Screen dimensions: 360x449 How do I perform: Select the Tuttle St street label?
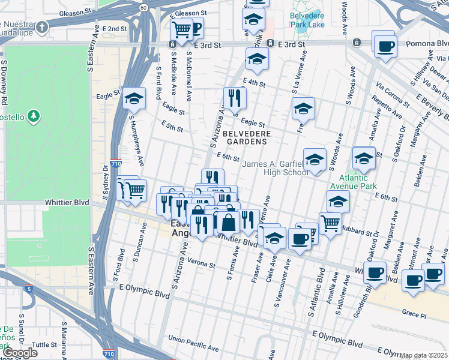point(44,344)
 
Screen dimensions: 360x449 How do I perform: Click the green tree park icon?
point(35,115)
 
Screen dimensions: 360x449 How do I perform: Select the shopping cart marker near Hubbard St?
point(330,223)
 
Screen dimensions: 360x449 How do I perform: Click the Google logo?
point(20,353)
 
